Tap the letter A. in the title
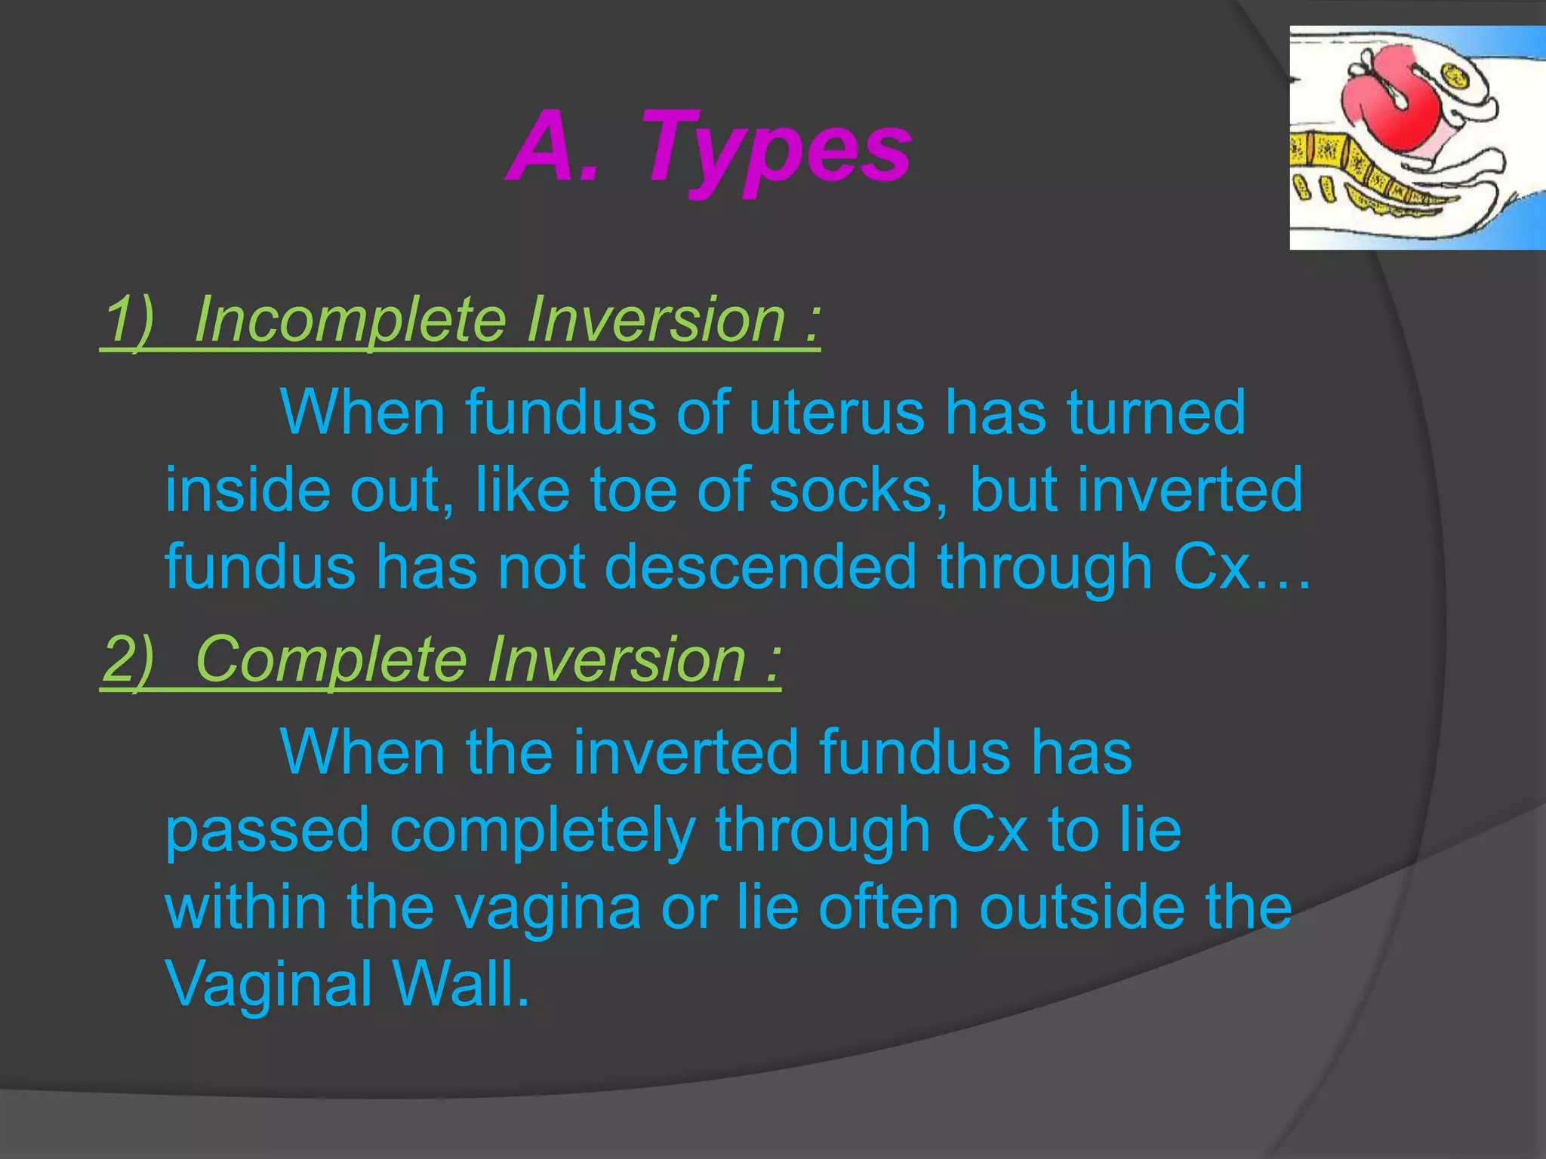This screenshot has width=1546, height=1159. click(555, 147)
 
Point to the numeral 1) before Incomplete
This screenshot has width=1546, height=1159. click(128, 319)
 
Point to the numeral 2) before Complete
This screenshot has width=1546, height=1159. click(128, 659)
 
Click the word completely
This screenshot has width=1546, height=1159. click(542, 831)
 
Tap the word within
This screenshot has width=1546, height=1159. click(246, 908)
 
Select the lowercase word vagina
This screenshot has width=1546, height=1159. click(548, 908)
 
